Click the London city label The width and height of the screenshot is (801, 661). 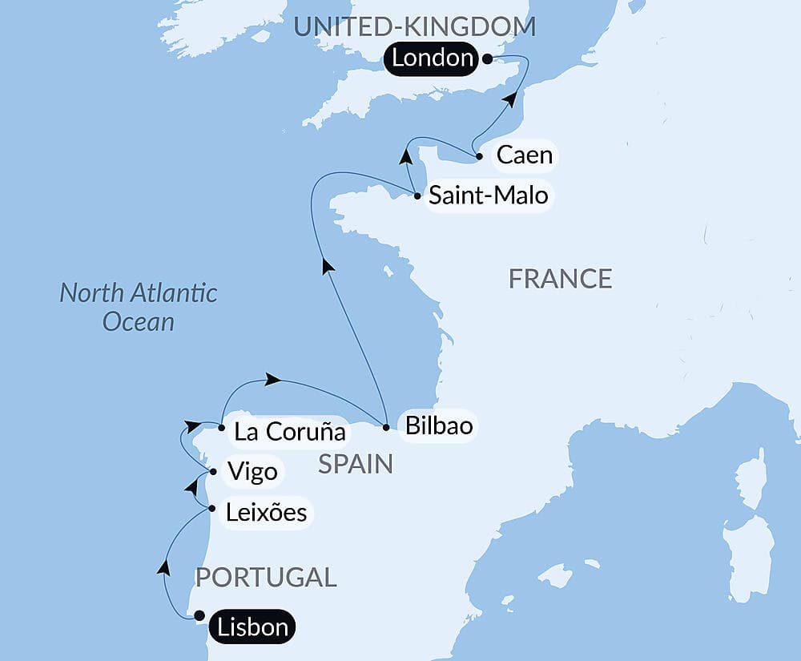pos(433,58)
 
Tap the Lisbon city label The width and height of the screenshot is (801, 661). pos(251,627)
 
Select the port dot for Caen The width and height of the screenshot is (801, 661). pos(478,156)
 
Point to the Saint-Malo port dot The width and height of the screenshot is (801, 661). pos(417,195)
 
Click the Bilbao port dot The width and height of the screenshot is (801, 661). pos(386,427)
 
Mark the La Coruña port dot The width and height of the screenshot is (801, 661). pos(221,428)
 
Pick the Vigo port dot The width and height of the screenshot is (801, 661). pos(212,471)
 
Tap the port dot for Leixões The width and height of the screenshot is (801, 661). pos(210,509)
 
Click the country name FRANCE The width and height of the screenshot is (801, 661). pos(560,279)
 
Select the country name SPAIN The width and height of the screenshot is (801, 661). pos(356,463)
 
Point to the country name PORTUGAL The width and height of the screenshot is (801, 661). pos(266,577)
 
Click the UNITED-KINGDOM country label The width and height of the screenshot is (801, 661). pos(414,26)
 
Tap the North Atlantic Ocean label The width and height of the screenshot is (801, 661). pos(139,307)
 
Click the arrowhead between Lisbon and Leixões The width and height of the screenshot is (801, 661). pos(163,567)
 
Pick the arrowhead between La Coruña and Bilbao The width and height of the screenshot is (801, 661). pos(273,379)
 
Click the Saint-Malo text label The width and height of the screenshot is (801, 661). pos(488,195)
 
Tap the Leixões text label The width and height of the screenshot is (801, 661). pos(266,512)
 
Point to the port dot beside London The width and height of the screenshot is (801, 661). pos(487,58)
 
